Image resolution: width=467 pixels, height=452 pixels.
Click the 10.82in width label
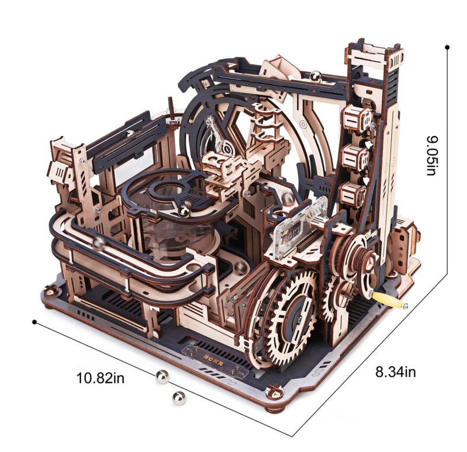point(100,378)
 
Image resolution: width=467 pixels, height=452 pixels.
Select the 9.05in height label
point(431,155)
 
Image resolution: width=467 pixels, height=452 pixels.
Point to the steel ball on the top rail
point(316,75)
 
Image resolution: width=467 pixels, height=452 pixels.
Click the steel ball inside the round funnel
point(184,210)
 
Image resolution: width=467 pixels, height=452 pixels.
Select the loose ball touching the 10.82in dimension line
point(161,378)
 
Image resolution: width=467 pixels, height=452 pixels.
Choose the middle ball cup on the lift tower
point(354,157)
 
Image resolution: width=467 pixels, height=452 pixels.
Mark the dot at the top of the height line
point(447,46)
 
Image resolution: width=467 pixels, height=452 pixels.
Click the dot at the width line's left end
point(34,321)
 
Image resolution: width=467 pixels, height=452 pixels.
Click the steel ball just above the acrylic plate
point(288,199)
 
